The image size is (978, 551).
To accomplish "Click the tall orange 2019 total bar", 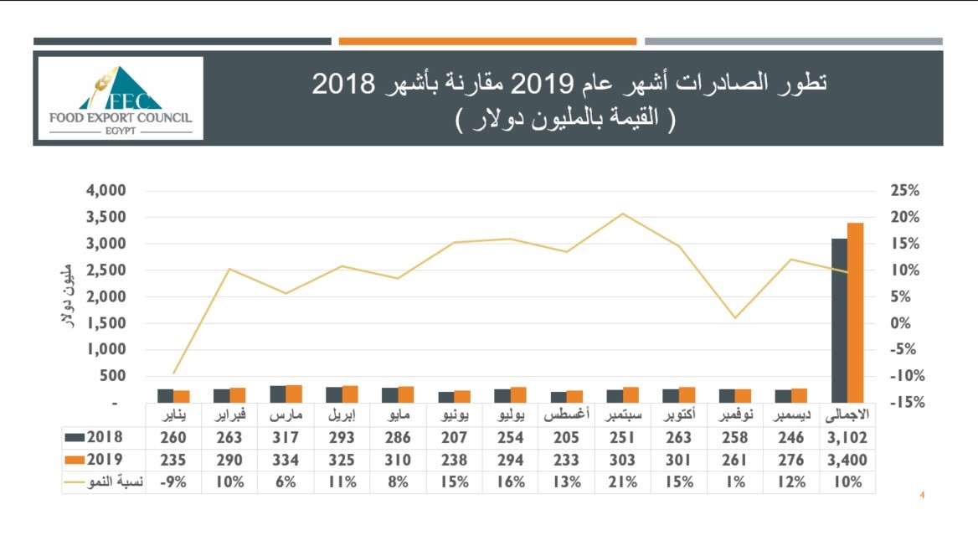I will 855,312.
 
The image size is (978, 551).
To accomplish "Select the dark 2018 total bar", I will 839,320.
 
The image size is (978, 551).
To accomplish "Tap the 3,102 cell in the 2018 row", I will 847,437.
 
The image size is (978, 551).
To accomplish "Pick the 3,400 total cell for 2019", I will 847,460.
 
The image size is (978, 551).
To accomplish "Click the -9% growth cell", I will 173,482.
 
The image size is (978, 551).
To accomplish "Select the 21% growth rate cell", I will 622,482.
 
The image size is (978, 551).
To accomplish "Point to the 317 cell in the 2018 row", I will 286,437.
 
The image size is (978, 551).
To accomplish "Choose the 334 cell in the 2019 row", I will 286,460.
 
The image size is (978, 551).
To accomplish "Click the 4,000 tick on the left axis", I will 106,191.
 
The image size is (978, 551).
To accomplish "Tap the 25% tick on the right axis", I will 905,191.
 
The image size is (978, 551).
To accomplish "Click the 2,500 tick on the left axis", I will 106,270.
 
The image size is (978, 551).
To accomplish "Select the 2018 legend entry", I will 94,437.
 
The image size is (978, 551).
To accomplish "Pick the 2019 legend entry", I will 94,460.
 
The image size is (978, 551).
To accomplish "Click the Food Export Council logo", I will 120,98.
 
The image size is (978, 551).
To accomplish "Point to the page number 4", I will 922,496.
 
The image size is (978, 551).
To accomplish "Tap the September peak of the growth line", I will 622,214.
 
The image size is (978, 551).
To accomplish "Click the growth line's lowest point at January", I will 174,373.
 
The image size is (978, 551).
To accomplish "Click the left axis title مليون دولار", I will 70,296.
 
